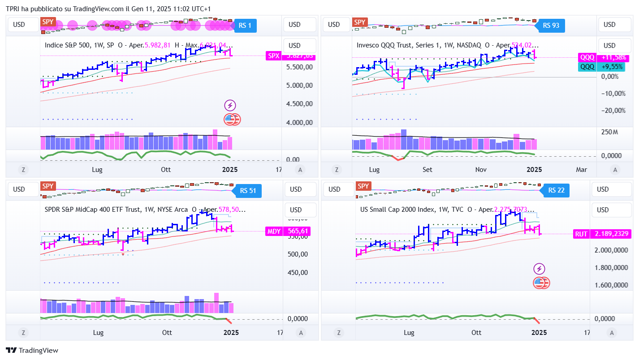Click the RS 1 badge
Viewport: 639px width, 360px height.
(x=245, y=26)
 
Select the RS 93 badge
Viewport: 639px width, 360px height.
(x=551, y=26)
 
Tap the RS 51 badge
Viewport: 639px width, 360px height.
(x=248, y=190)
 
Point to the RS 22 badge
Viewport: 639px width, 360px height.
(x=556, y=190)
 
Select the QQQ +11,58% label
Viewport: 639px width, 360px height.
(x=587, y=58)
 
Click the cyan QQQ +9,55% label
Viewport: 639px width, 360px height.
(x=587, y=67)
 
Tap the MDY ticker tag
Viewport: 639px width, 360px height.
(x=274, y=231)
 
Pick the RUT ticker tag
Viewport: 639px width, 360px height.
(x=581, y=234)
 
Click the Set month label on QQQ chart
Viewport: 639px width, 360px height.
(x=427, y=170)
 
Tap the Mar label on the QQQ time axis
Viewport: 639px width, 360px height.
(x=581, y=170)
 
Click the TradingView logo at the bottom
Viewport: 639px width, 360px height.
(x=32, y=351)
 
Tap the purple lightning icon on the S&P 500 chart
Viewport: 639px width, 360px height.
(x=230, y=106)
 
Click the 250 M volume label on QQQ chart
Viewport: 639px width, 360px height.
(x=609, y=132)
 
